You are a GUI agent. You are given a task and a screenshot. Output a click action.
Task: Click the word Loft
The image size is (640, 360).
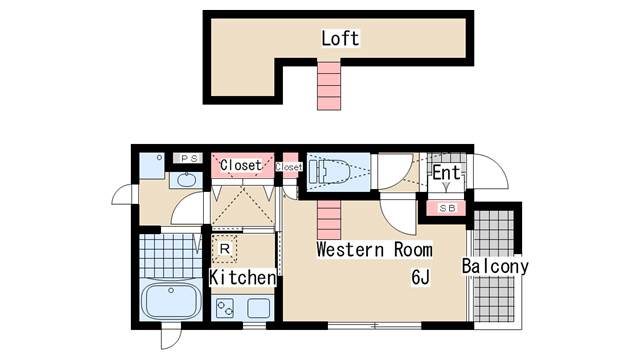pos(340,39)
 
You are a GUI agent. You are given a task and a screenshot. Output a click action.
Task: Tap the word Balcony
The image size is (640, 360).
pos(494,267)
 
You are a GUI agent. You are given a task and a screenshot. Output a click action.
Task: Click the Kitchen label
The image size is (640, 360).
pos(242,277)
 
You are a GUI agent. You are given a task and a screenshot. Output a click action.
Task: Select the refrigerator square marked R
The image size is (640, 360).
pos(225,247)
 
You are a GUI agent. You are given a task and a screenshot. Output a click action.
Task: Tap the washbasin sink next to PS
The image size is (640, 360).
pos(185,180)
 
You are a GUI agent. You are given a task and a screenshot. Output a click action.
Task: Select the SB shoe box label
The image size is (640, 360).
pos(446,208)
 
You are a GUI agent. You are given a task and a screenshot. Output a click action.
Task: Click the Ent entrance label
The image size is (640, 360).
pos(446,174)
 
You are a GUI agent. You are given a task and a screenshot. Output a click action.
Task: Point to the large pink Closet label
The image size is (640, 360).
pos(240,165)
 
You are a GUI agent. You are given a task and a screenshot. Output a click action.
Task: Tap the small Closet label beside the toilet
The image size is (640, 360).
pos(289,167)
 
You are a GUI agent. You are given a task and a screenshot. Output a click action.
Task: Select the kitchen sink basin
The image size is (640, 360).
pos(259,308)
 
